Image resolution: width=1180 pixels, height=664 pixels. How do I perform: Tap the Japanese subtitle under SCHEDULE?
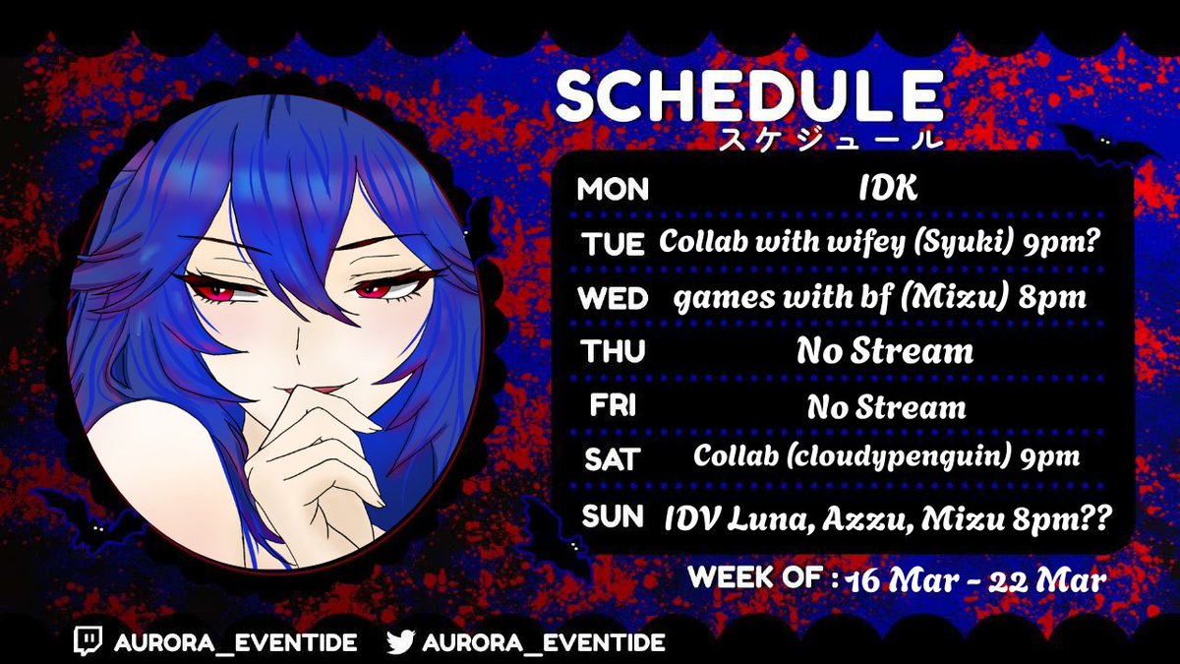pos(830,138)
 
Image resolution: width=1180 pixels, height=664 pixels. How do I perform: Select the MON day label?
pos(613,189)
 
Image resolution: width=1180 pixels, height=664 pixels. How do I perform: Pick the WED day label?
pos(611,297)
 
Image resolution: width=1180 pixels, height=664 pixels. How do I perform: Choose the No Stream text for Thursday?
pos(885,350)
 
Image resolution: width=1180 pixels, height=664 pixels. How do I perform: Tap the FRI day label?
pos(611,404)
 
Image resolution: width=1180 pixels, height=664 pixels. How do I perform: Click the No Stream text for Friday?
pos(886,405)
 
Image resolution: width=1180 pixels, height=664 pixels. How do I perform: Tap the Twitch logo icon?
pos(88,642)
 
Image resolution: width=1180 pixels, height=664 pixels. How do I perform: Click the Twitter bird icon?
pos(400,642)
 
